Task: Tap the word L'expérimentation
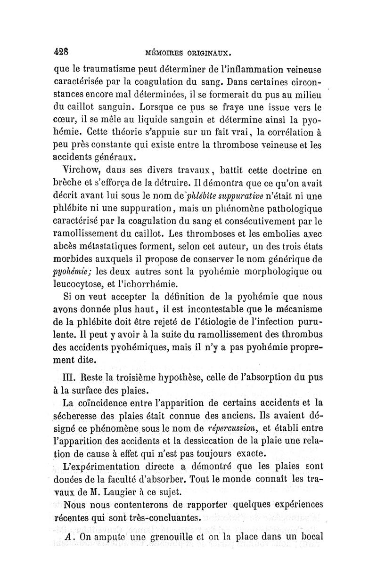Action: click(101, 467)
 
